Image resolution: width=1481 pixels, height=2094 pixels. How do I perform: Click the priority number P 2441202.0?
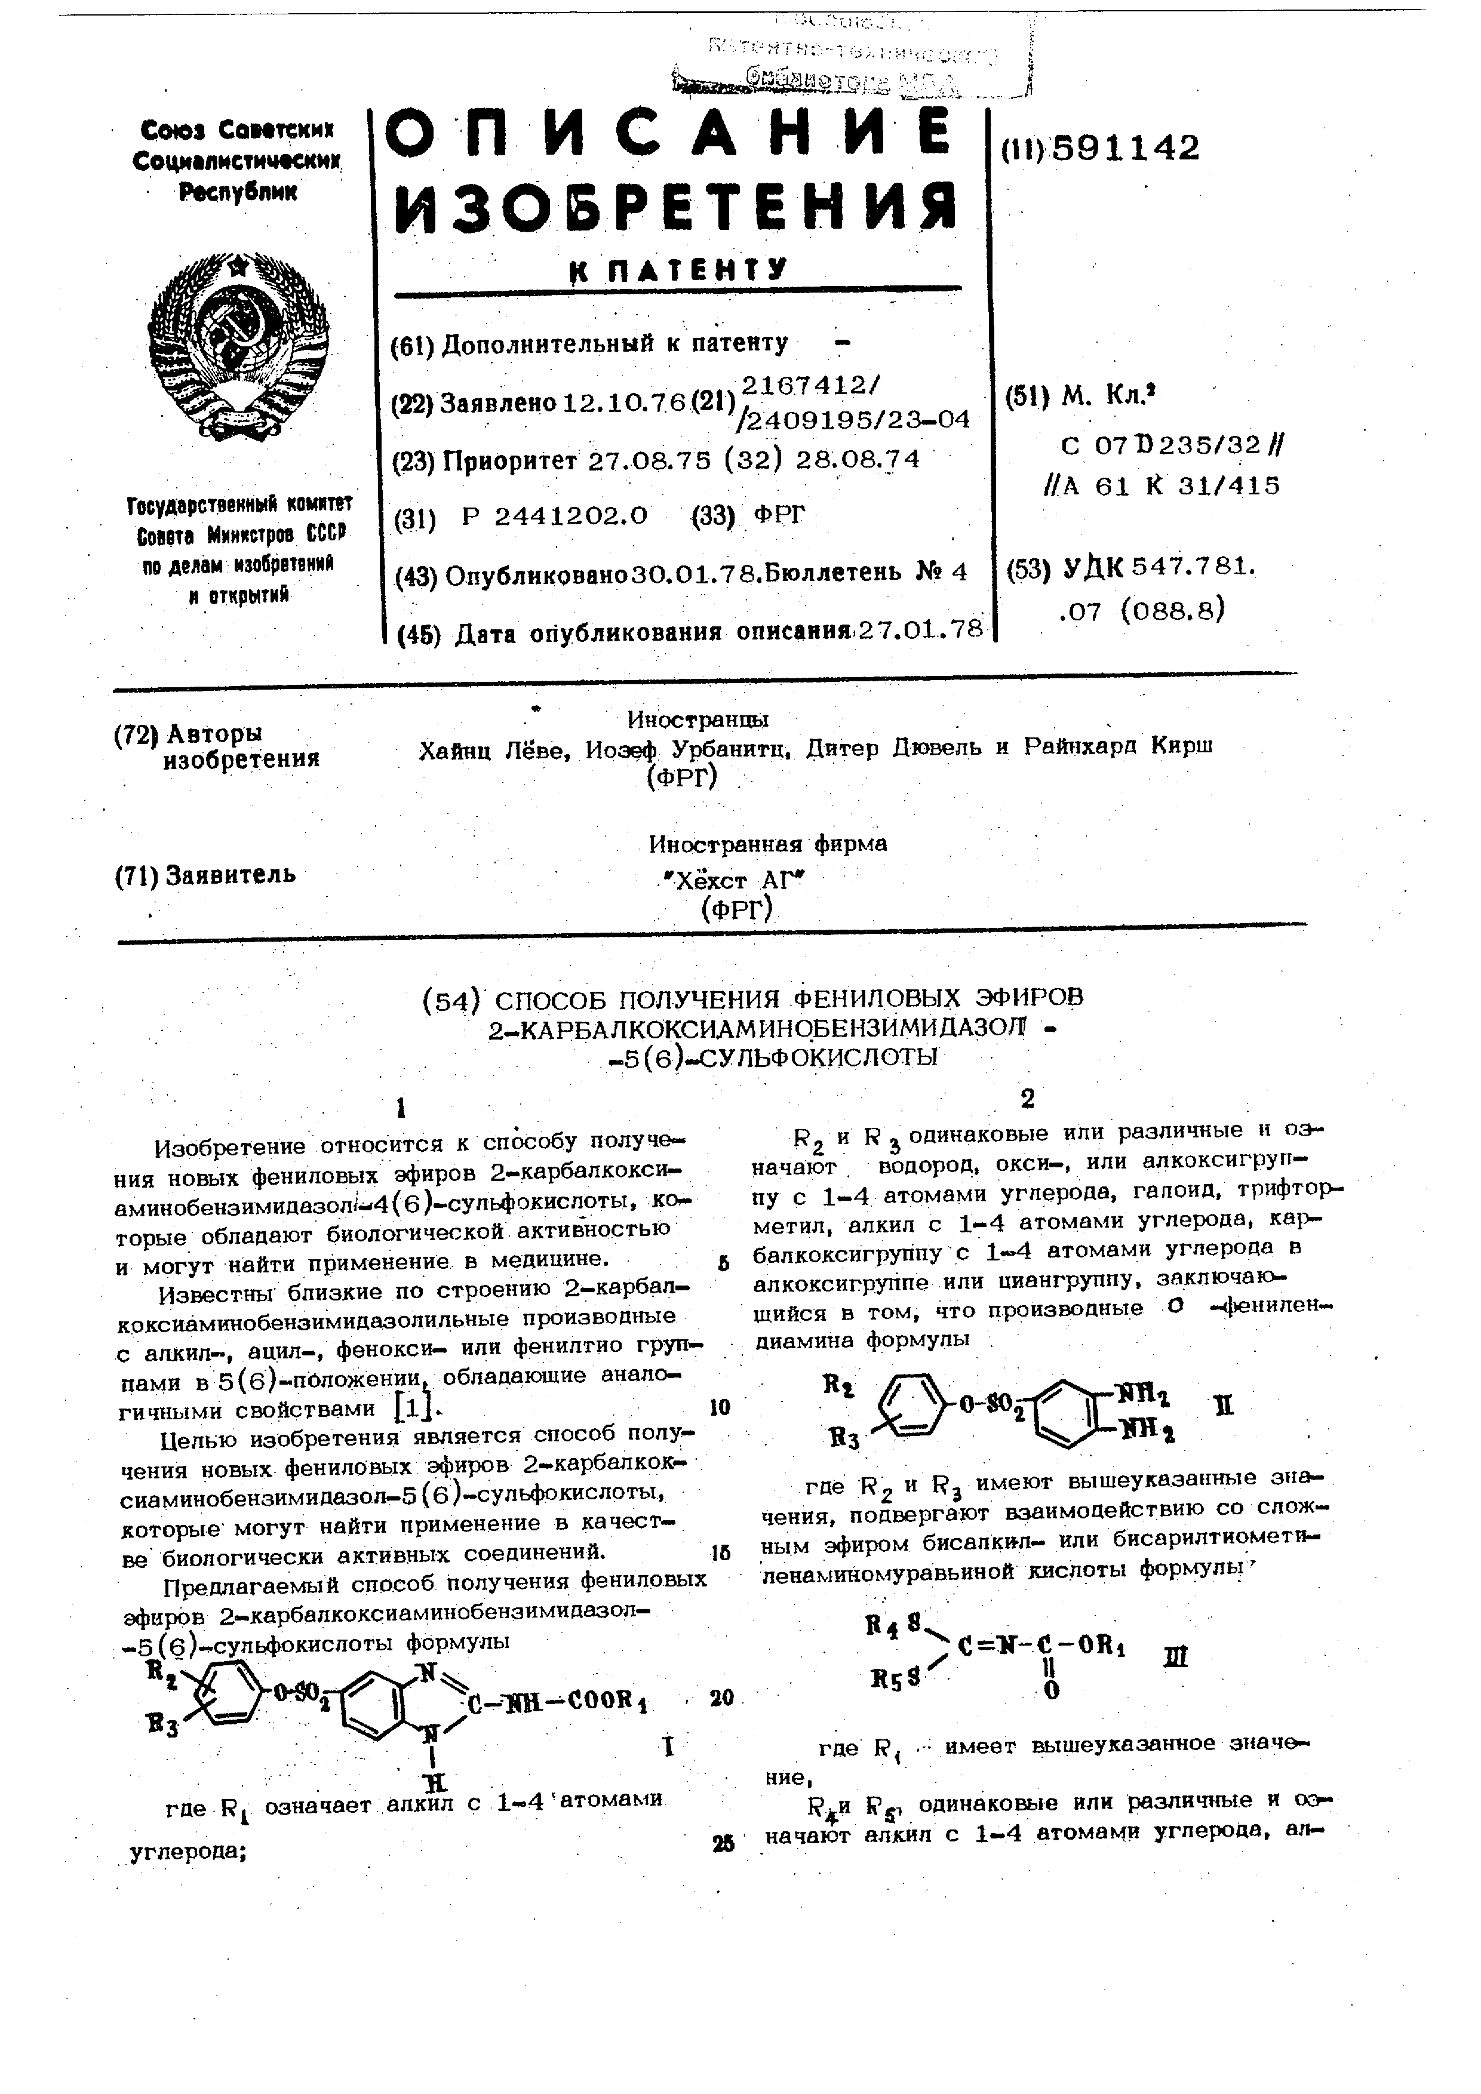point(554,516)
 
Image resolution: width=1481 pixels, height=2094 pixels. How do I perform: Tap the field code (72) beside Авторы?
point(136,735)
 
